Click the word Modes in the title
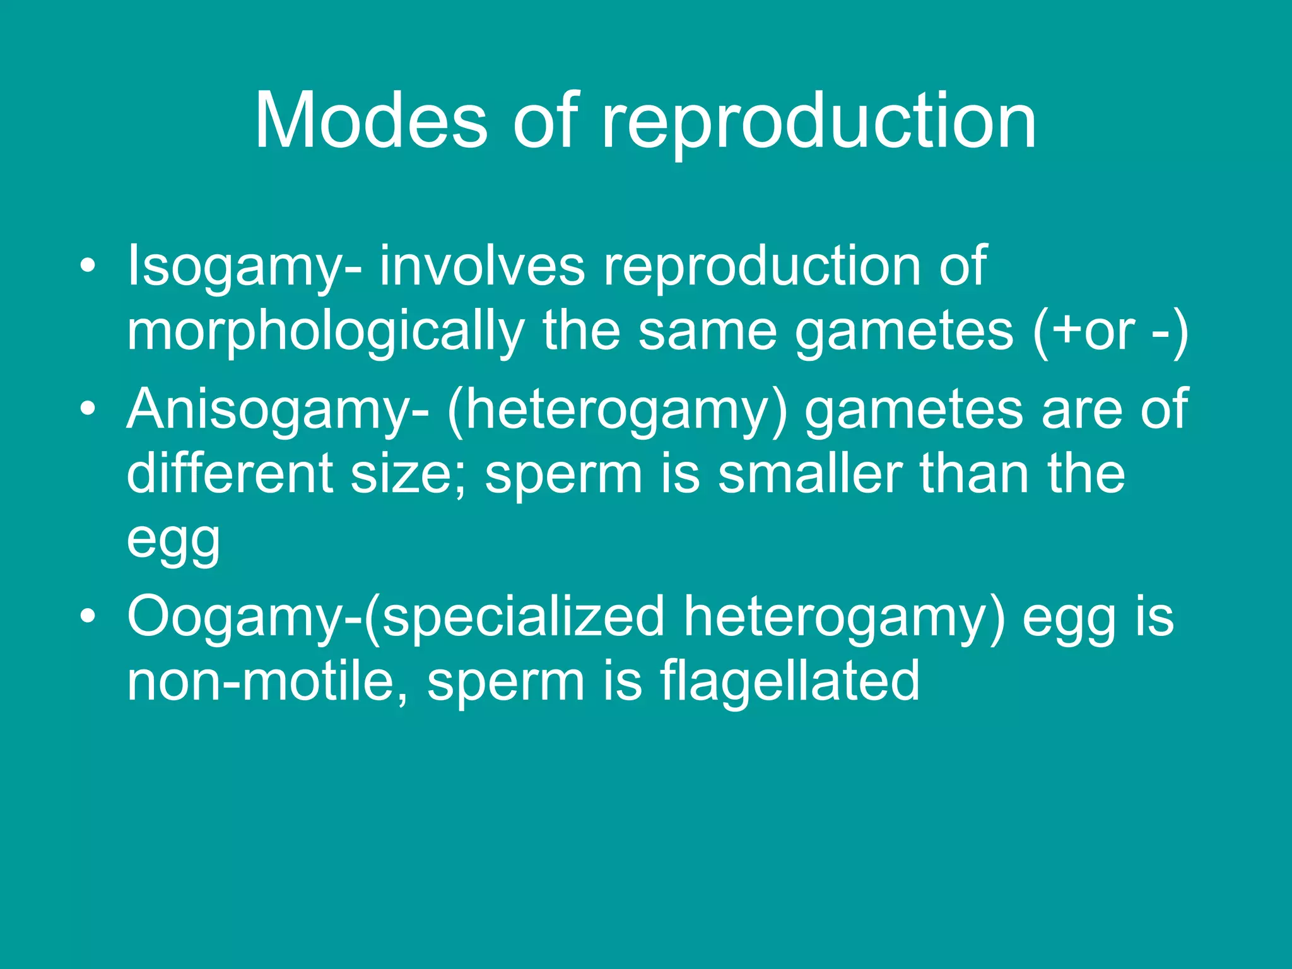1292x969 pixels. tap(370, 120)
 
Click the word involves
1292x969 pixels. tap(482, 266)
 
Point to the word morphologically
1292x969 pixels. tap(326, 332)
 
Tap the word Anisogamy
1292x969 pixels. tap(278, 411)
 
